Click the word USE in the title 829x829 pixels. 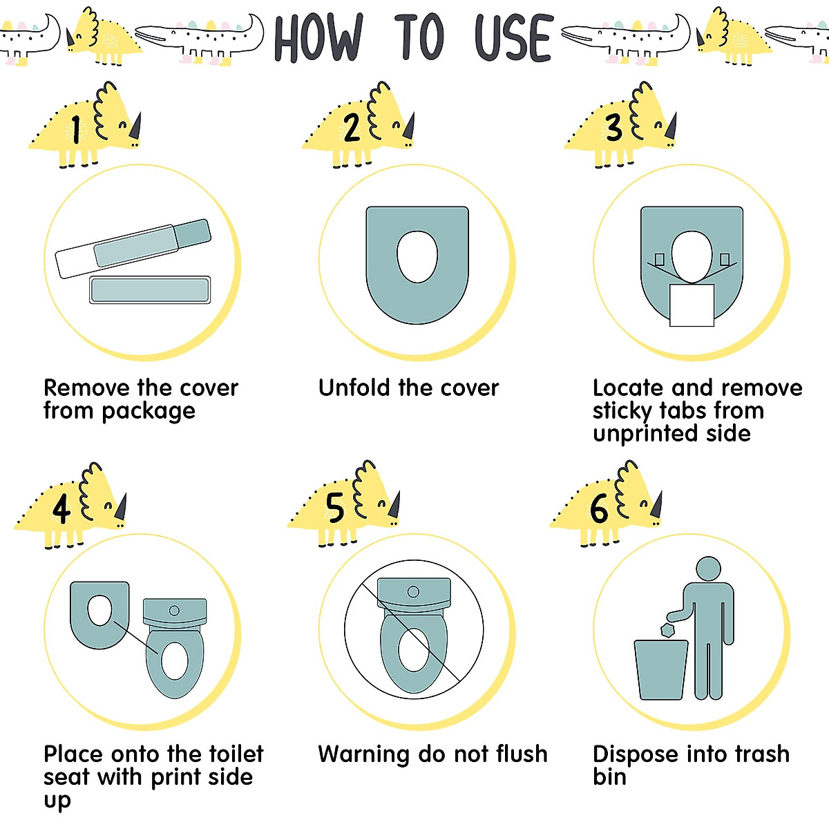pos(513,38)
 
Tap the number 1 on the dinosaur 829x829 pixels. pos(76,129)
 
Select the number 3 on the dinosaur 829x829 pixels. pos(613,128)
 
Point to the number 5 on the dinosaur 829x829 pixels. pos(336,509)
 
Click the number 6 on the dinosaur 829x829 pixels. pos(599,510)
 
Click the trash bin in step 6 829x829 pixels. pos(661,669)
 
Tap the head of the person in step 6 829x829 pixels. pos(708,570)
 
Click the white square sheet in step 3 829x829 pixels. pos(692,304)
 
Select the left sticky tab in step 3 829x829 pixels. pos(659,260)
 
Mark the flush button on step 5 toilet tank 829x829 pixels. pos(413,592)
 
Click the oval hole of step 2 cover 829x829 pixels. pos(417,256)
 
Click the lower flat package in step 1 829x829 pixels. pos(150,290)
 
